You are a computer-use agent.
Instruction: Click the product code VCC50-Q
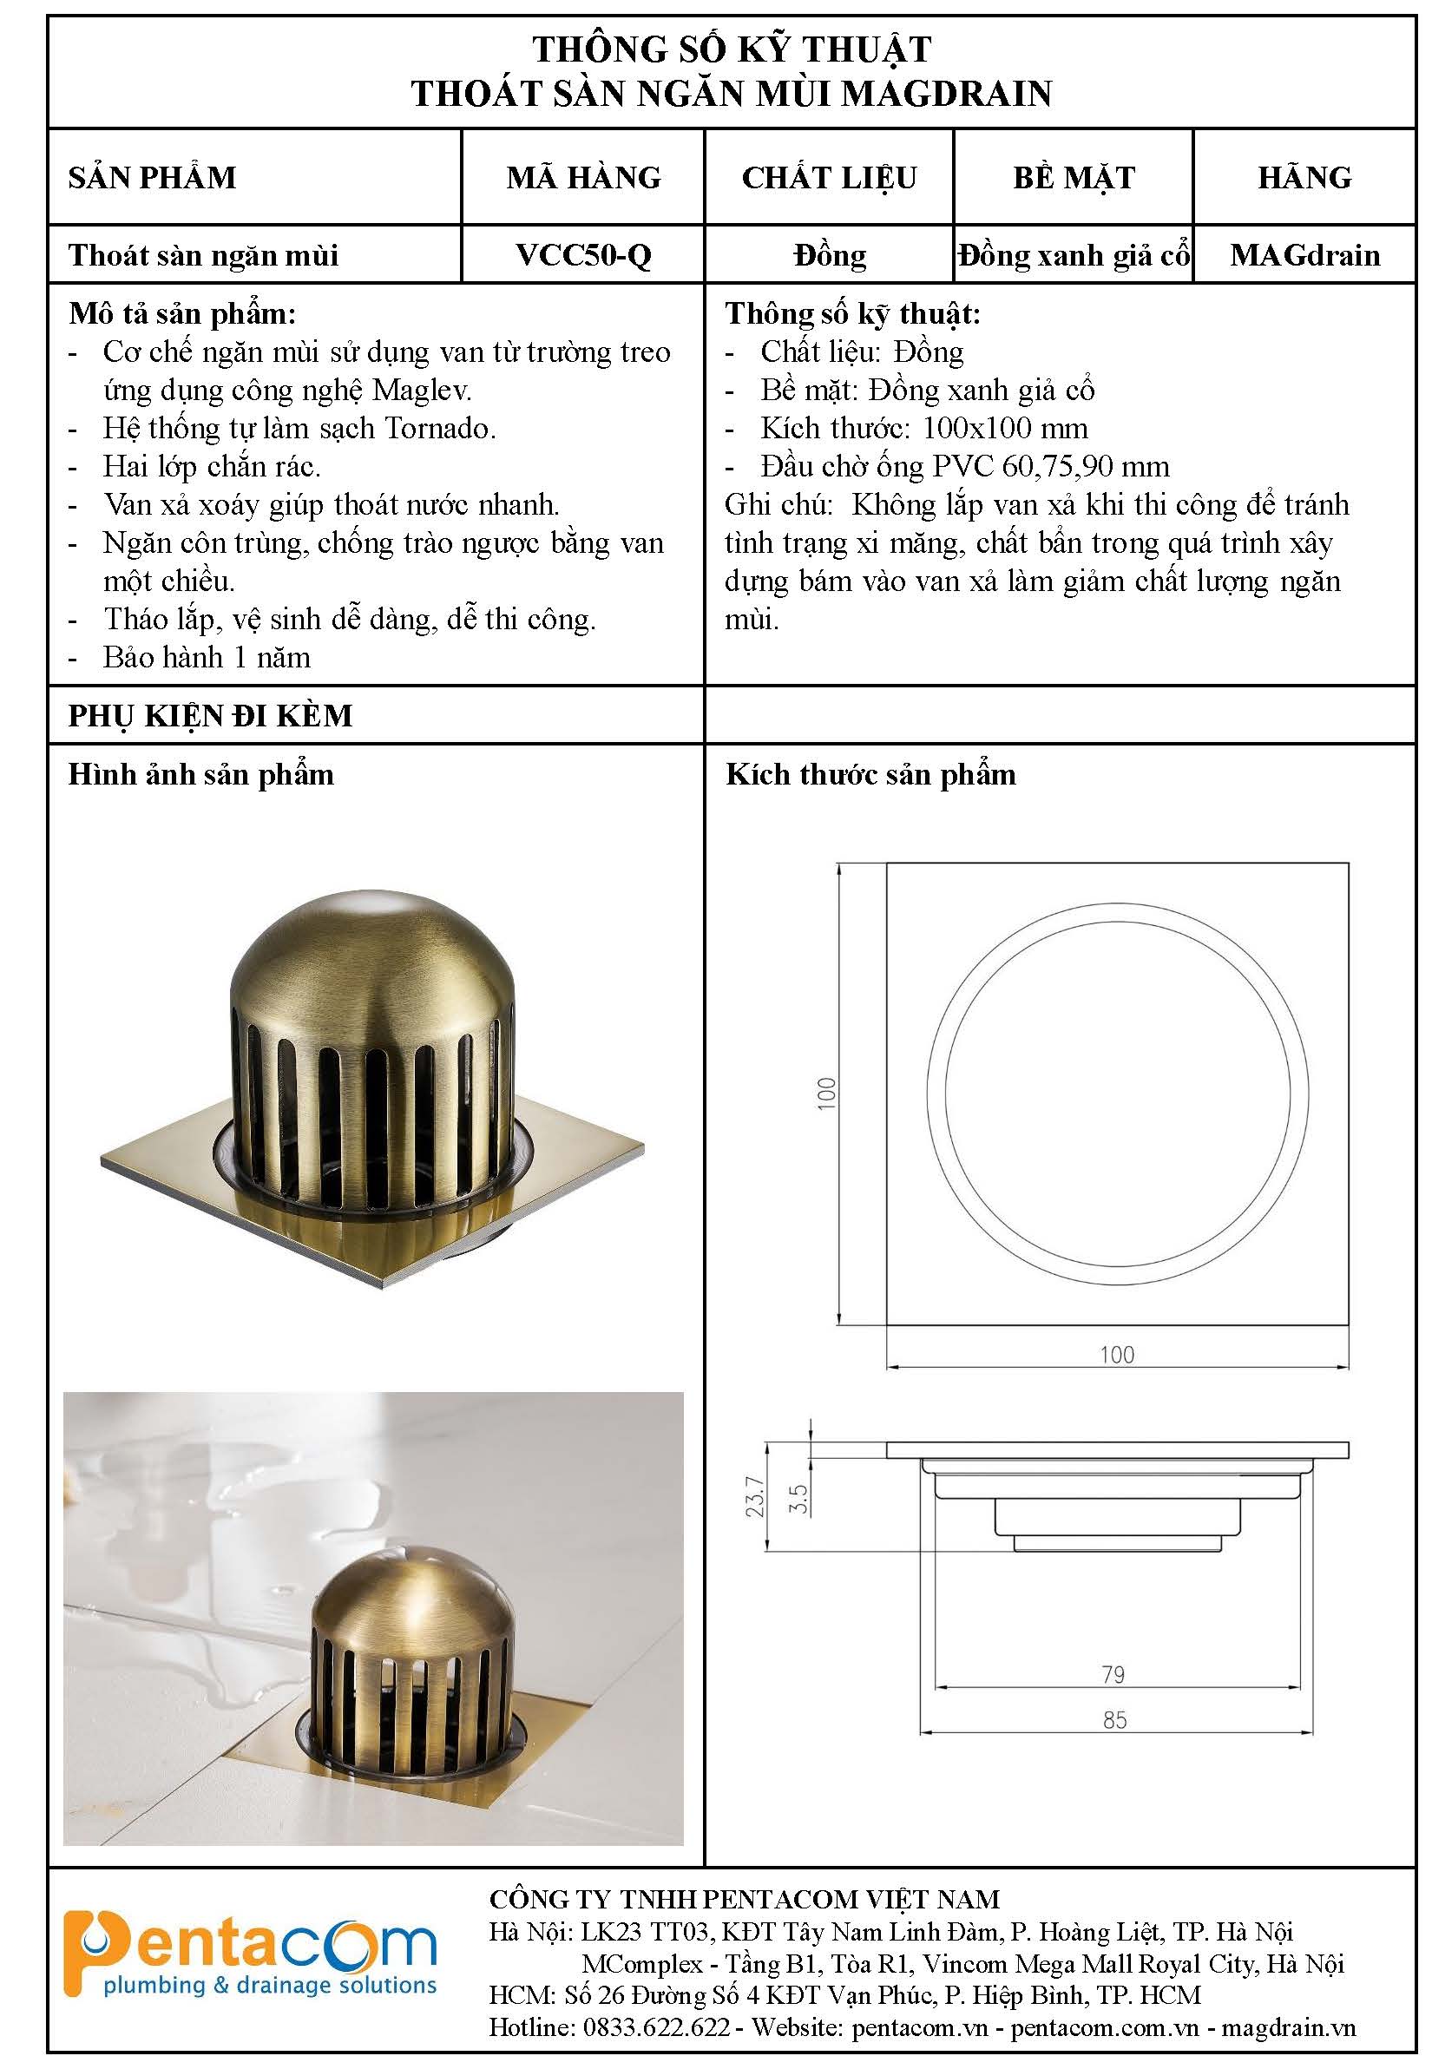pyautogui.click(x=583, y=255)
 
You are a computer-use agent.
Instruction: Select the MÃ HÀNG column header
pyautogui.click(x=583, y=177)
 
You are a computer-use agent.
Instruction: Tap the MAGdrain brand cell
pyautogui.click(x=1304, y=255)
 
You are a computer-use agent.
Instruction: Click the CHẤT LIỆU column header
pyautogui.click(x=829, y=178)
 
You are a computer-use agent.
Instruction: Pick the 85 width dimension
pyautogui.click(x=1114, y=1721)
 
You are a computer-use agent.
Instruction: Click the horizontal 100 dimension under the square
pyautogui.click(x=1117, y=1355)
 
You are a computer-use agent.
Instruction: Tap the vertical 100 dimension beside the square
pyautogui.click(x=826, y=1094)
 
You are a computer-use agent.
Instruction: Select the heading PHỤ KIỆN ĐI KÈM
pyautogui.click(x=211, y=715)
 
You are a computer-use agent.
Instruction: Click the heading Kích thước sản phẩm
pyautogui.click(x=870, y=774)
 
